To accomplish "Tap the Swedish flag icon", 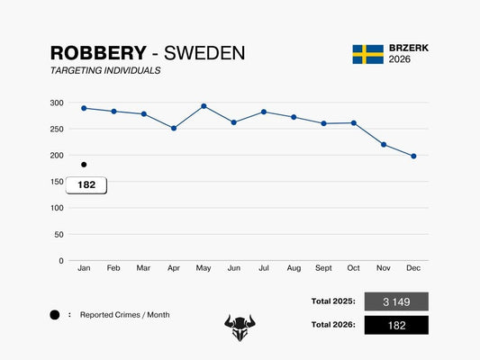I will pyautogui.click(x=367, y=54).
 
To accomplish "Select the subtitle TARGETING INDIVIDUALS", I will pyautogui.click(x=105, y=70).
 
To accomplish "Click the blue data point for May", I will pyautogui.click(x=204, y=106).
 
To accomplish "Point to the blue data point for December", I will pyautogui.click(x=413, y=156).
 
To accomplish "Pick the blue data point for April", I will pyautogui.click(x=174, y=128).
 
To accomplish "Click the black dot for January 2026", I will pyautogui.click(x=84, y=165).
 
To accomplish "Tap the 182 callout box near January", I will pyautogui.click(x=86, y=184).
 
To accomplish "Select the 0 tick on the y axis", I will pyautogui.click(x=61, y=261).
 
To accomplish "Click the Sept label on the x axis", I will pyautogui.click(x=323, y=269).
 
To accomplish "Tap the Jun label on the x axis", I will pyautogui.click(x=234, y=269).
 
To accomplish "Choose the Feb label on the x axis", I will pyautogui.click(x=113, y=269).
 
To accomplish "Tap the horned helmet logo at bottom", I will pyautogui.click(x=240, y=328).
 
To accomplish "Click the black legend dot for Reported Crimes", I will pyautogui.click(x=55, y=315).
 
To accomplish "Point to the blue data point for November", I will pyautogui.click(x=384, y=144).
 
